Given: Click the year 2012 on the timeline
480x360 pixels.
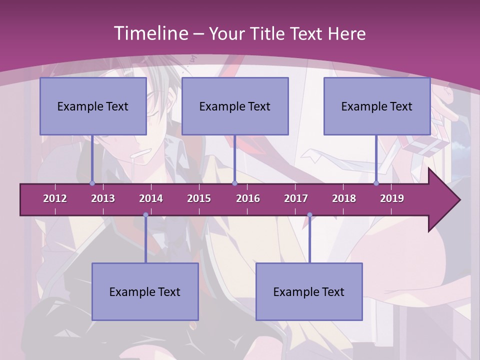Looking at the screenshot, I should tap(55, 198).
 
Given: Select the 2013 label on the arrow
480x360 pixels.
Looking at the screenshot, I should tap(103, 198).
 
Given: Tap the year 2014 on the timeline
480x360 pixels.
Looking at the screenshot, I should tap(151, 198).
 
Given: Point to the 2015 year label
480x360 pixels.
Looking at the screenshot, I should tap(199, 198).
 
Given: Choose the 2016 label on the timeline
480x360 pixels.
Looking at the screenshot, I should tap(248, 198).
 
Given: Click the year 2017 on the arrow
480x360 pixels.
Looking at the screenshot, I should tap(296, 198).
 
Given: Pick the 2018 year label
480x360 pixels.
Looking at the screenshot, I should tap(344, 198).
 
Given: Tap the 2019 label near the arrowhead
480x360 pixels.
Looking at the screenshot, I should tap(392, 198).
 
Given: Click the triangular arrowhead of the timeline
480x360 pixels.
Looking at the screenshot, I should tap(443, 200).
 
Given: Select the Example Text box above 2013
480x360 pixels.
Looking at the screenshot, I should tap(93, 106).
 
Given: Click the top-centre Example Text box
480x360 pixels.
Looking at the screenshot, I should tap(235, 106).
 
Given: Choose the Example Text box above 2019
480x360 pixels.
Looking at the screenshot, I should tap(377, 106).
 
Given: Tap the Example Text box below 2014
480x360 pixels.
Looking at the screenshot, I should tap(145, 292).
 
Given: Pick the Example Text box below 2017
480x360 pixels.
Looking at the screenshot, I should tap(309, 292).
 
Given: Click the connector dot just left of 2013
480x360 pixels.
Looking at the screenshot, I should tap(92, 183).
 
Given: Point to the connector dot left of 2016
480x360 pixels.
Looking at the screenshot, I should tap(234, 183).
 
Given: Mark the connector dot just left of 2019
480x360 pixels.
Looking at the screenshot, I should tap(376, 183).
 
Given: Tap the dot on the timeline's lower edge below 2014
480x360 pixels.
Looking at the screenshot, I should tap(145, 215).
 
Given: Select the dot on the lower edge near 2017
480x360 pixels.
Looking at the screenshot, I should tap(309, 215).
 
